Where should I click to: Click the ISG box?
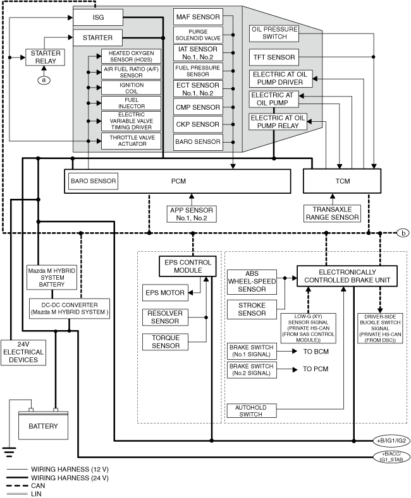pyautogui.click(x=97, y=17)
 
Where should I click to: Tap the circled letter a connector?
pyautogui.click(x=44, y=80)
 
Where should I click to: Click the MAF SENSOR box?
pyautogui.click(x=199, y=17)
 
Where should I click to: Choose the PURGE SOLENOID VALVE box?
pyautogui.click(x=199, y=35)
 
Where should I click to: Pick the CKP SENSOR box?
pyautogui.click(x=199, y=124)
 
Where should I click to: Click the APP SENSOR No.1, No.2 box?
pyautogui.click(x=192, y=213)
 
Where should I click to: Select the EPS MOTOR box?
pyautogui.click(x=165, y=293)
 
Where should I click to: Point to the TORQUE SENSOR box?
pyautogui.click(x=165, y=342)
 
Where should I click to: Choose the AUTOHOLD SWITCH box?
pyautogui.click(x=251, y=411)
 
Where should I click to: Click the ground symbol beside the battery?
pyautogui.click(x=9, y=450)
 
